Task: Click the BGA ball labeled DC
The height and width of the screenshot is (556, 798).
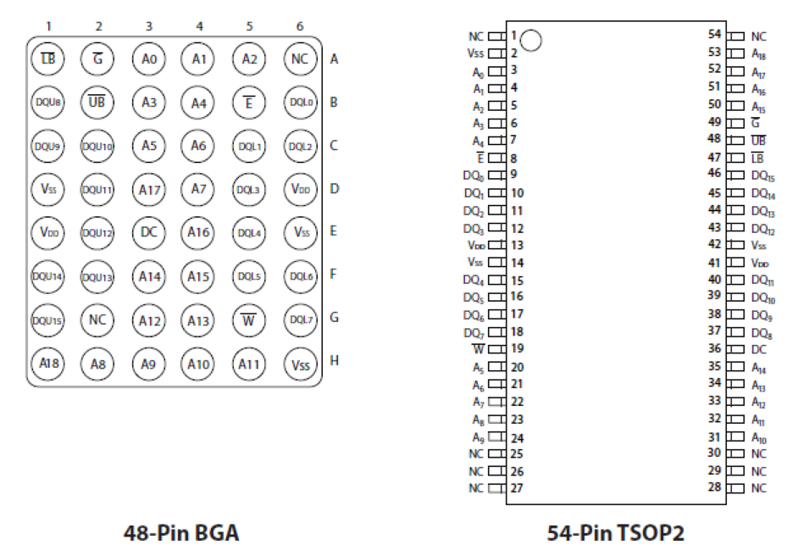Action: click(x=149, y=231)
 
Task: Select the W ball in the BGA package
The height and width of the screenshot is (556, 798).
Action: click(x=250, y=319)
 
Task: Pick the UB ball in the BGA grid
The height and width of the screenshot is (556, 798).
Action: click(x=98, y=103)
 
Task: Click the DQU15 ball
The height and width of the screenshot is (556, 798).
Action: click(x=48, y=319)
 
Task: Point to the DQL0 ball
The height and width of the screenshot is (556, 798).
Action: click(x=300, y=103)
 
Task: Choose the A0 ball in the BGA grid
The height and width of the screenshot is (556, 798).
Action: click(x=149, y=60)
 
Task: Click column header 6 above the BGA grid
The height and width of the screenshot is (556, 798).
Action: click(x=300, y=25)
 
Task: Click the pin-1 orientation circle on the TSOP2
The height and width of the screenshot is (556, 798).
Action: click(x=532, y=39)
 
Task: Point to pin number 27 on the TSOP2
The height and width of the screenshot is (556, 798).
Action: click(x=517, y=488)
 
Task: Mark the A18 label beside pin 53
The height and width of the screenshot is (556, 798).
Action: click(x=760, y=53)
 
